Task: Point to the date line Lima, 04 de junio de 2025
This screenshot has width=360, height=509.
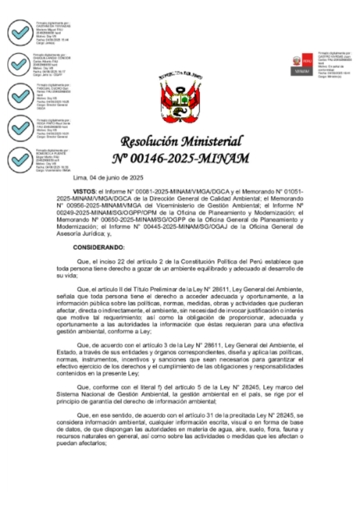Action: (108, 177)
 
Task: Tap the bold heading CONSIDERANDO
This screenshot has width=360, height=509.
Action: (98, 247)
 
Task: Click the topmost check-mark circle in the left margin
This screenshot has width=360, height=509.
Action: (21, 33)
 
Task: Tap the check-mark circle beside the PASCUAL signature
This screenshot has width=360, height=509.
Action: (21, 95)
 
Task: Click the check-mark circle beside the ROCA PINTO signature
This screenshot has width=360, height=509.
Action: (21, 128)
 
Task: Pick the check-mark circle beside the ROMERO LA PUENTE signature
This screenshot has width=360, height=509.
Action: (21, 160)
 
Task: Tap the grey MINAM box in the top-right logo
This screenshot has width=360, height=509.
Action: (302, 71)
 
